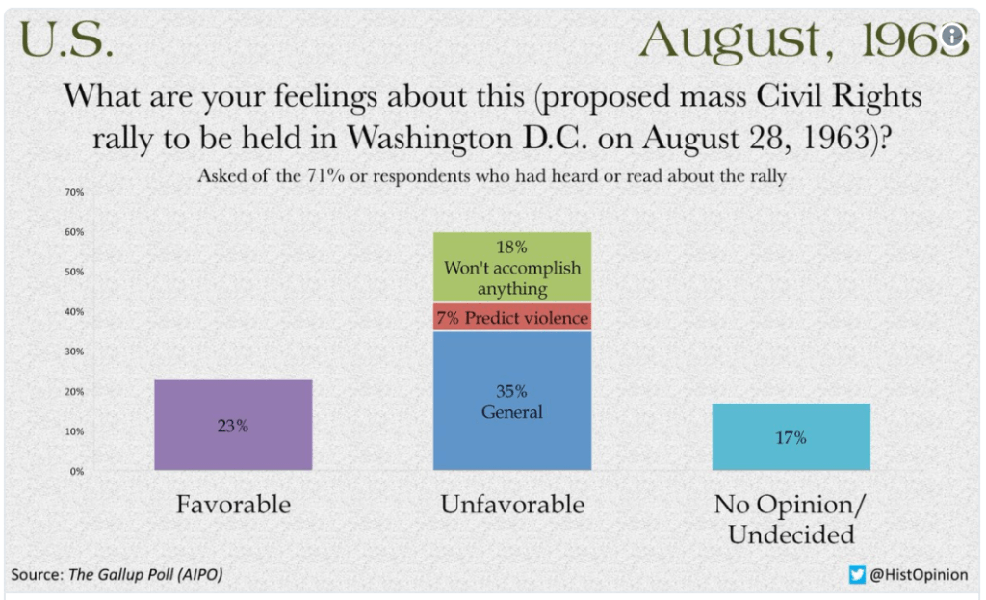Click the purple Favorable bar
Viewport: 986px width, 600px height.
[233, 425]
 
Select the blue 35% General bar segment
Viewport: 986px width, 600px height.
[511, 401]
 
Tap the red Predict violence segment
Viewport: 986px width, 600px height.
[511, 318]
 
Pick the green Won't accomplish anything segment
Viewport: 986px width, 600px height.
[511, 268]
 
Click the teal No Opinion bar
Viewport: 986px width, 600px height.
[791, 436]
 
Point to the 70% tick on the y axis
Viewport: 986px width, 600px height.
[75, 193]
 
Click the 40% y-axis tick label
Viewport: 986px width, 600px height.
[75, 312]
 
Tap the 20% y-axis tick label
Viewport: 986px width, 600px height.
[75, 392]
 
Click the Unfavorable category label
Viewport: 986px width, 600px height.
[511, 505]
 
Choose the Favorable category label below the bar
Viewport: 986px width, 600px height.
[233, 505]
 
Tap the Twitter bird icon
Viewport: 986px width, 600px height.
[857, 575]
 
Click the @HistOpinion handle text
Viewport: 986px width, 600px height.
[919, 575]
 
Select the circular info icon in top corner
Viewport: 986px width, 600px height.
[952, 37]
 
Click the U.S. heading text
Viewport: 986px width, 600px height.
[65, 40]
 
